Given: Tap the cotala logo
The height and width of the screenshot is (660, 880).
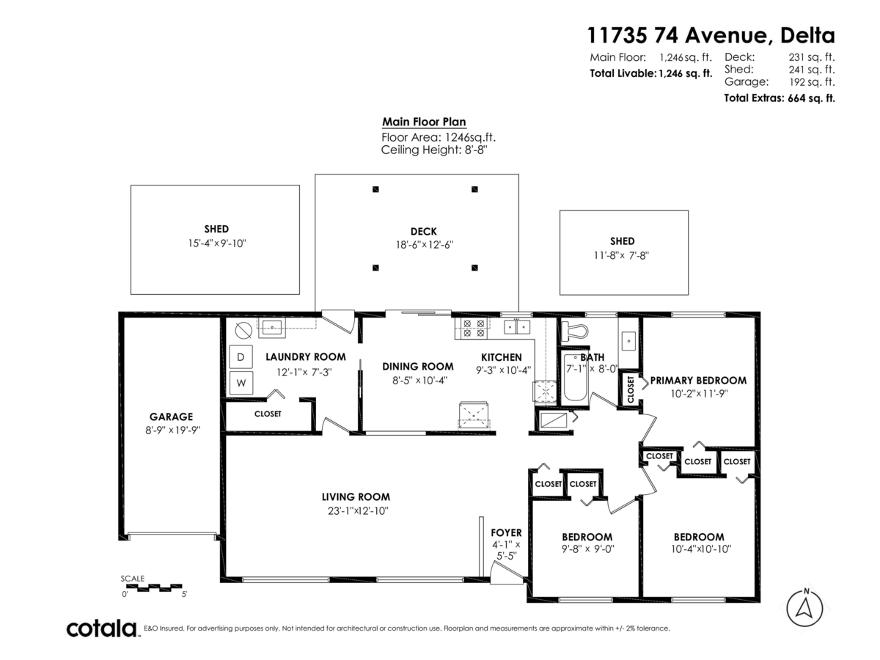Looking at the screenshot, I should [102, 628].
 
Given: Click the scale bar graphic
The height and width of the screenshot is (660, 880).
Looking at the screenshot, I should [154, 587].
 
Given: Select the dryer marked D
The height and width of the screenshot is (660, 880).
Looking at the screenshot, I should [241, 357].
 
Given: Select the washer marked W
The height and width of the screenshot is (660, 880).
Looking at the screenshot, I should [241, 382].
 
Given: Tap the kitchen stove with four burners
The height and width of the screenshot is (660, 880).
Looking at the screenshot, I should [470, 328].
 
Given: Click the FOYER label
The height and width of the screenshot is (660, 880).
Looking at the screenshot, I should [506, 532].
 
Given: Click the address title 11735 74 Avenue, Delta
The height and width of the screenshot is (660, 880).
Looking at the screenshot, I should [710, 34].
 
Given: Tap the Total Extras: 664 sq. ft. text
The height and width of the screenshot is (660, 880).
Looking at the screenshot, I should [779, 98].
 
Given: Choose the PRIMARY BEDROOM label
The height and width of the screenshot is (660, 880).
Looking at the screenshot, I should [698, 381].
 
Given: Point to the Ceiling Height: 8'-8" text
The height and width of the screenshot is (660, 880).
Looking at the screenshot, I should [434, 150].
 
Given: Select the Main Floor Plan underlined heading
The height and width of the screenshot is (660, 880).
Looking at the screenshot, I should [424, 122].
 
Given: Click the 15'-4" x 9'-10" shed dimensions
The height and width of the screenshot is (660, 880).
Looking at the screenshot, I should [216, 243].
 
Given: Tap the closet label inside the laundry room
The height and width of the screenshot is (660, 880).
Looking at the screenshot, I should [268, 414].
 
